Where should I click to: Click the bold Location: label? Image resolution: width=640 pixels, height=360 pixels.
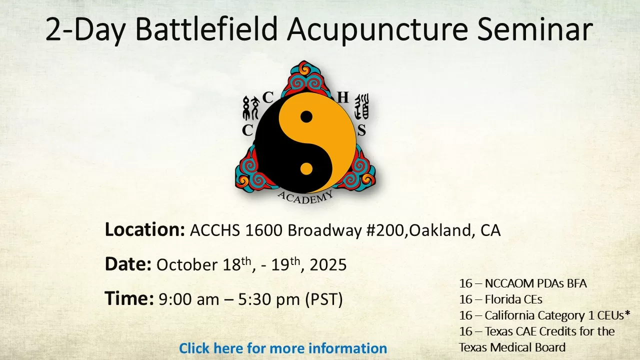[x=145, y=229]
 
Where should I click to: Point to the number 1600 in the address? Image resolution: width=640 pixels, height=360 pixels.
[x=263, y=230]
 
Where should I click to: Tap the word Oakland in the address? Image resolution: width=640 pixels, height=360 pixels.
[x=440, y=230]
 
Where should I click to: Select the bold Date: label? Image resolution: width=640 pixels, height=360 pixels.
[x=128, y=264]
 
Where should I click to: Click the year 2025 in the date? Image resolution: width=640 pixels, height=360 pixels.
[x=328, y=265]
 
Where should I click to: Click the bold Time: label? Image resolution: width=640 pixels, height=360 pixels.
[x=129, y=298]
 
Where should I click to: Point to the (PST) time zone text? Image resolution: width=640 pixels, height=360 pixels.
[x=324, y=299]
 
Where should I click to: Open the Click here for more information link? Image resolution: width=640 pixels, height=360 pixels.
[x=283, y=348]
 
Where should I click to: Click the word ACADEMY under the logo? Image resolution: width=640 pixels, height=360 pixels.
[x=305, y=197]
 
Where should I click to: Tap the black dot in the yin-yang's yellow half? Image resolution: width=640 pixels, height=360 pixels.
[x=306, y=116]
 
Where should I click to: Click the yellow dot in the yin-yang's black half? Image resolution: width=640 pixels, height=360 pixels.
[x=306, y=168]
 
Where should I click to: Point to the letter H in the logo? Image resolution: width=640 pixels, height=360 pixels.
[x=343, y=97]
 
